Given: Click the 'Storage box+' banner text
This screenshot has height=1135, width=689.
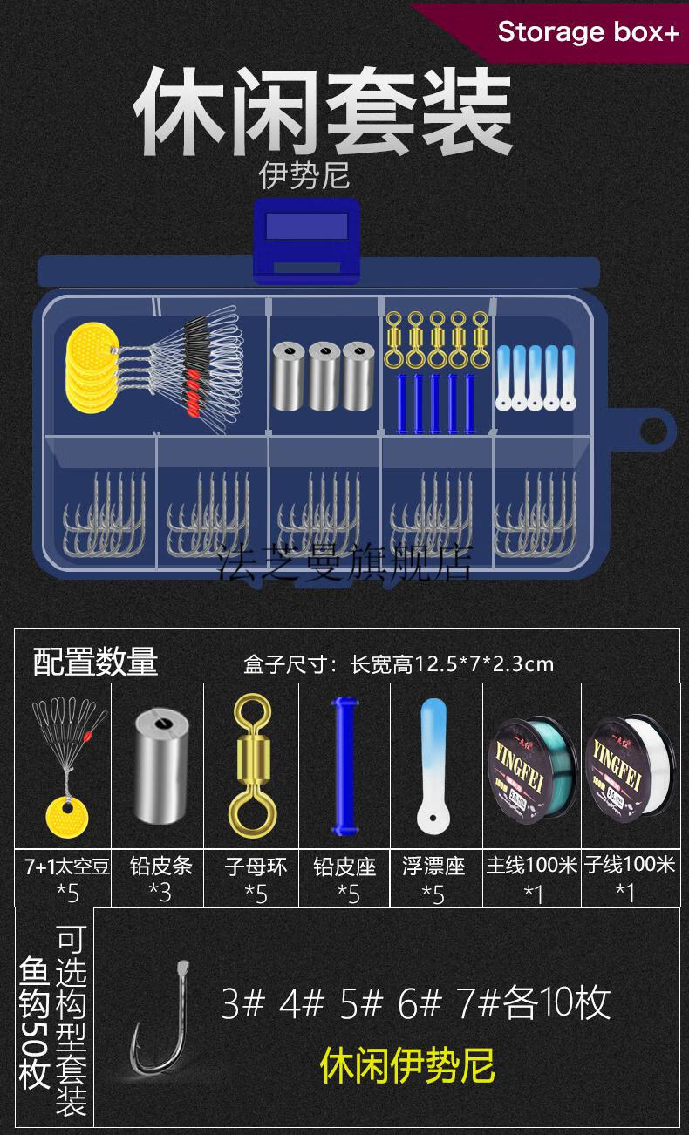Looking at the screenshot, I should pyautogui.click(x=587, y=32).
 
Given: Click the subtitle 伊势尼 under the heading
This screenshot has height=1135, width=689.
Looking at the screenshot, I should pyautogui.click(x=304, y=175).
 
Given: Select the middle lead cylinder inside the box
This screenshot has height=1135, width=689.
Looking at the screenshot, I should pyautogui.click(x=324, y=376).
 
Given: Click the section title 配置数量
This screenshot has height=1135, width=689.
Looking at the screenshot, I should pyautogui.click(x=95, y=663).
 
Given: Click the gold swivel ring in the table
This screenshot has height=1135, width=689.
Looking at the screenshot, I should pyautogui.click(x=251, y=761).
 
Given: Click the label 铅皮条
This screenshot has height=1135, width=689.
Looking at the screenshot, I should pyautogui.click(x=160, y=866).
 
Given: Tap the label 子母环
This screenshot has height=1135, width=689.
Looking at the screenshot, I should pyautogui.click(x=256, y=866).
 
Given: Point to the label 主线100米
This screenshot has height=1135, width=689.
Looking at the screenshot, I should pyautogui.click(x=531, y=866).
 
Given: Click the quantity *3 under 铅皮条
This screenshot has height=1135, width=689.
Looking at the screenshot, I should pyautogui.click(x=160, y=892).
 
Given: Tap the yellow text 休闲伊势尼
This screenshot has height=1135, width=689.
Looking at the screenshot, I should pyautogui.click(x=407, y=1064).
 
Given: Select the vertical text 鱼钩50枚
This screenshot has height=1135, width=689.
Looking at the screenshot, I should pyautogui.click(x=35, y=1024).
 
